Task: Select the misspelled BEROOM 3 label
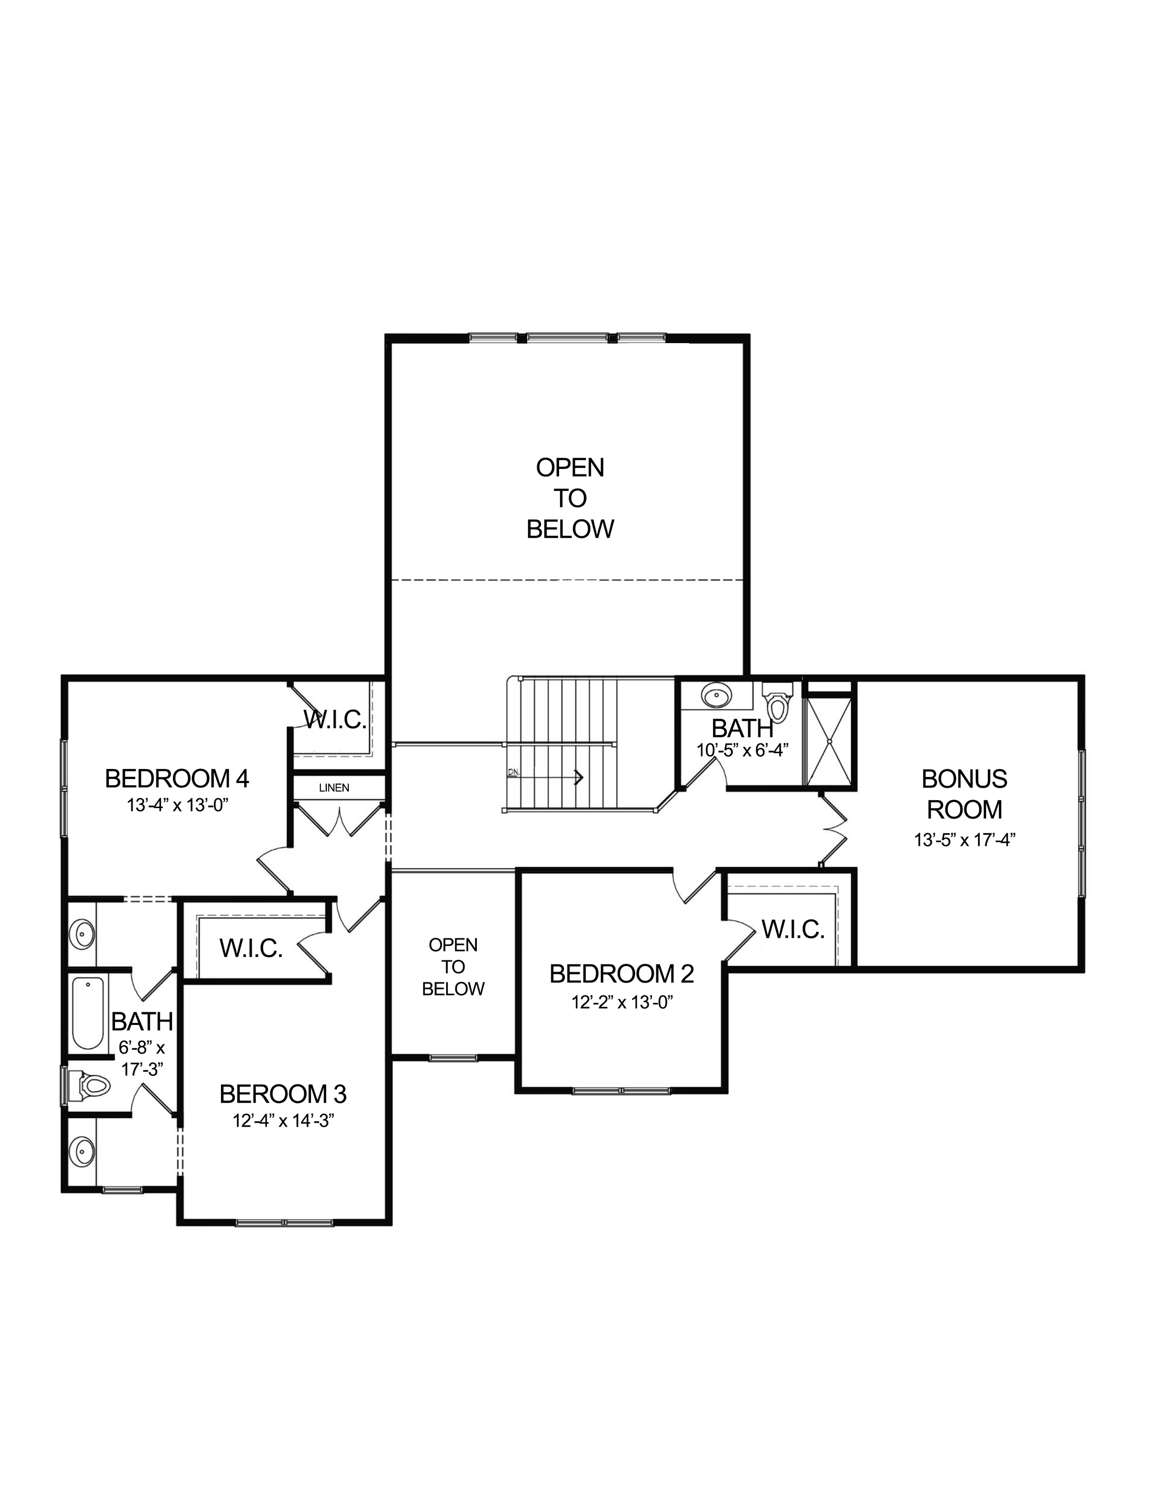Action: click(283, 1094)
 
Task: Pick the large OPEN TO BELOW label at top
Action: click(570, 498)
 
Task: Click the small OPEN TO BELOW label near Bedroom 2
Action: click(453, 967)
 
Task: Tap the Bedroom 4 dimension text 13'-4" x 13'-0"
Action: click(177, 805)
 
